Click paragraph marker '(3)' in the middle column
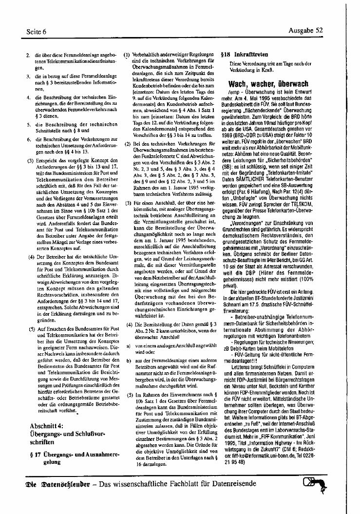click(128, 202)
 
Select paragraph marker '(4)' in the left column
click(30, 256)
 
